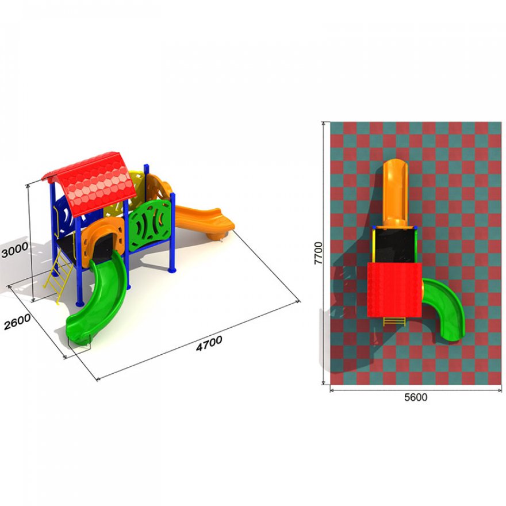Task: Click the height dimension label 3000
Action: click(x=14, y=251)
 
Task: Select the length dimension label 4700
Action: click(x=209, y=343)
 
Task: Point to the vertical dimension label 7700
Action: click(x=318, y=253)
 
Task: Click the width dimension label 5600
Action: click(x=416, y=397)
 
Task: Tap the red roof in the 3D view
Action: click(x=92, y=183)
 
